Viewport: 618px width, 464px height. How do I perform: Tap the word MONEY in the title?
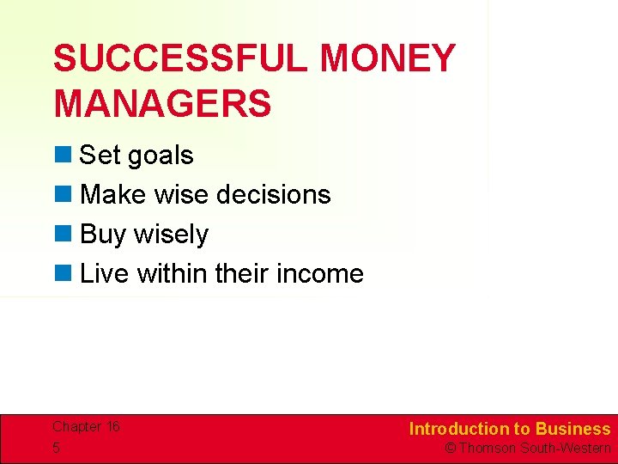point(387,59)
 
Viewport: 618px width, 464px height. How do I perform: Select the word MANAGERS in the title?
point(162,103)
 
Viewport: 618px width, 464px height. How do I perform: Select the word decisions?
point(276,194)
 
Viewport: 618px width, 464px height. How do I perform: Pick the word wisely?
point(175,235)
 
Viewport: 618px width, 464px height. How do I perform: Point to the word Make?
point(112,194)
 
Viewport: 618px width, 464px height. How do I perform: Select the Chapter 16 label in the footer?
point(86,427)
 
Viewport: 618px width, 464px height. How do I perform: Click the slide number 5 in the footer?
point(56,448)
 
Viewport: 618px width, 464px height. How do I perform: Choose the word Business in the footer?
point(573,429)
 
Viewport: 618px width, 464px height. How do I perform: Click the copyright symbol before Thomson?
point(450,449)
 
